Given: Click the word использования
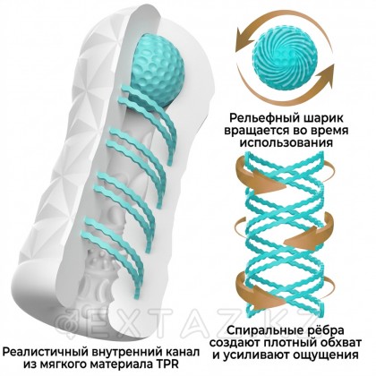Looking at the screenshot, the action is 286,142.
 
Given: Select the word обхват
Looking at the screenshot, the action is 338,342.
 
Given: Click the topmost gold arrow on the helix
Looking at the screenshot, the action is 260,176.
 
